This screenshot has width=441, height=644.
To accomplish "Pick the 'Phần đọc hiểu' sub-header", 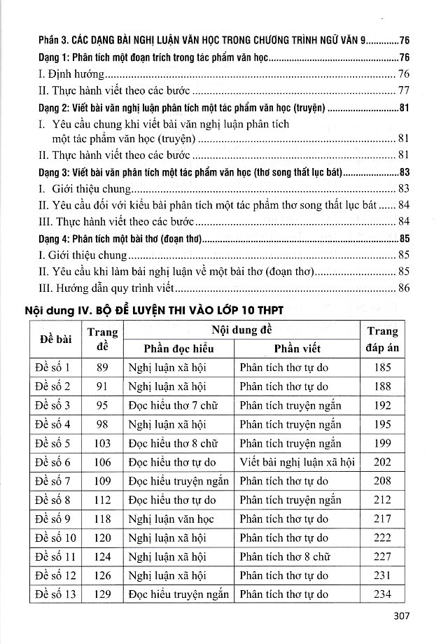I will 178,349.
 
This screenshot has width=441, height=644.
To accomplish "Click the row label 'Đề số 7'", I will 57,481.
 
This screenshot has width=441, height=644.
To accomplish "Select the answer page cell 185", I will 382,367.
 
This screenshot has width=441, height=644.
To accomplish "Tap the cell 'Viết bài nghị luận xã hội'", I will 297,462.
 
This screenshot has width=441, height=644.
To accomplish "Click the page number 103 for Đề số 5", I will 102,443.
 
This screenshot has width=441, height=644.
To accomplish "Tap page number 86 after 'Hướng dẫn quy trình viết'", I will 403,287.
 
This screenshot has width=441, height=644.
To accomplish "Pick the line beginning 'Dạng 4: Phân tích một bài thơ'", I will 118,239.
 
